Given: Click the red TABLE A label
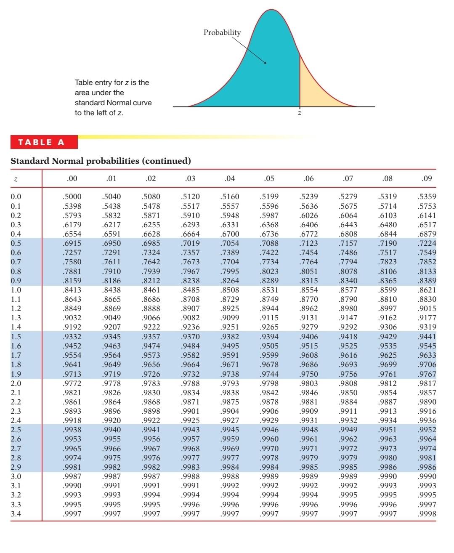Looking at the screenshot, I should coord(41,142).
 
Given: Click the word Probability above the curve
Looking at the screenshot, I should coord(222,32).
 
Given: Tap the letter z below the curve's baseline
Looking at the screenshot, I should coord(300,113).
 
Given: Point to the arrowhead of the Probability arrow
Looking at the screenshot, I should coord(265,63).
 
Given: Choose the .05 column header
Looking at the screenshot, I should coord(269,178).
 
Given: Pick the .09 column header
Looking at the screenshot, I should coord(427,178).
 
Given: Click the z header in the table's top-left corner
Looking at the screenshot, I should coord(16,179).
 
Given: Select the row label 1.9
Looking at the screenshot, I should coord(16,374).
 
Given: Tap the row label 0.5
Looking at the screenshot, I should coord(16,243).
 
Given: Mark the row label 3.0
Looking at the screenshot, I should coord(16,476).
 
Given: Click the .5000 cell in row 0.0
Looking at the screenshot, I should coord(72,197).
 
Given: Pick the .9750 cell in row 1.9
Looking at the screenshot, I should coord(308,374).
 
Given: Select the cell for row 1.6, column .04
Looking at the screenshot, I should coord(230,346).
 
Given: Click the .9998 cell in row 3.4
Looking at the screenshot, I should coord(427,514).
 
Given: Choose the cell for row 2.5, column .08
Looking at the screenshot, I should coord(388,430).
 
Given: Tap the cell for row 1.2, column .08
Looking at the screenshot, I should coord(388,308).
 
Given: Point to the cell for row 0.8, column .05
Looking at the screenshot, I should coord(269,271).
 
